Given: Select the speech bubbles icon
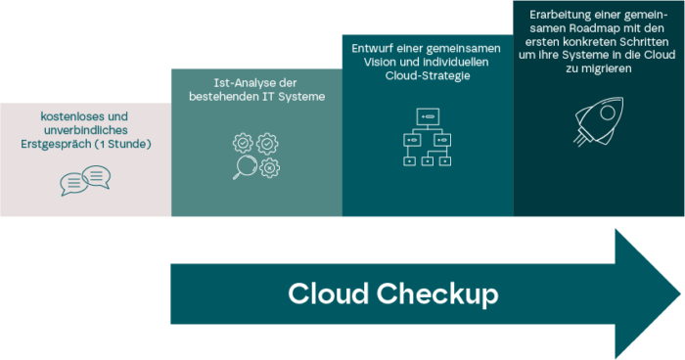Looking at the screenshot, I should click(x=85, y=179).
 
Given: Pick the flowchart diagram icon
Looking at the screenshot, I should click(x=427, y=137).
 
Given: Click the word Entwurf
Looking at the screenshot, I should click(x=375, y=48).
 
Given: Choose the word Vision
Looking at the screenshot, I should click(x=373, y=61).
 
